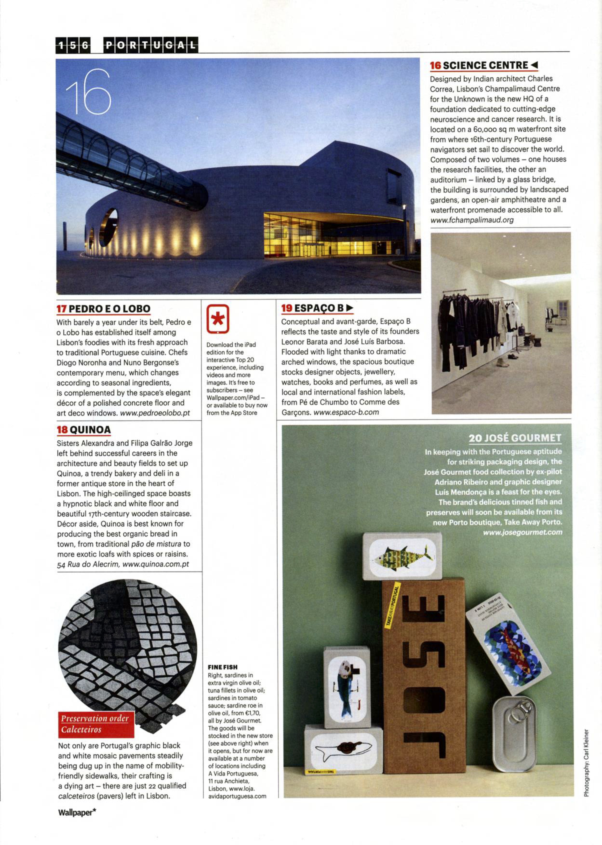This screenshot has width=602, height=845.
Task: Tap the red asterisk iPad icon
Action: (218, 319)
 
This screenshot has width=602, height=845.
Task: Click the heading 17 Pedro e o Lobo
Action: (103, 309)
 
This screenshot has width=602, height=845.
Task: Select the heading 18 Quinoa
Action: (84, 430)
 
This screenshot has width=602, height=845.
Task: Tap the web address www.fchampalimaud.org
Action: (472, 220)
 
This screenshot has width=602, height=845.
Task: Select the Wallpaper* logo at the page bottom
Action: (77, 812)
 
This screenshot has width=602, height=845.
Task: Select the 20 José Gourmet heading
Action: (515, 438)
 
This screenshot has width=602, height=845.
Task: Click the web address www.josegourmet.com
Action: (522, 532)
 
